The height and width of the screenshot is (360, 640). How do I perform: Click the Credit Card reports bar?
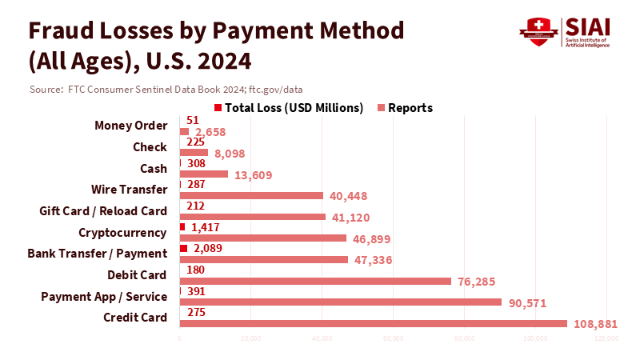[x=374, y=323]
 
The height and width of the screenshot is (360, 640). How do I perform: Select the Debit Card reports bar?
[x=316, y=281]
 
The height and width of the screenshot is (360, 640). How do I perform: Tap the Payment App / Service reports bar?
[x=341, y=302]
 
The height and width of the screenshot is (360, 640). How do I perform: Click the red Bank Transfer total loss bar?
[x=184, y=249]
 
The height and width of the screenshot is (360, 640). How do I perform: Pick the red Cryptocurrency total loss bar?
[x=182, y=227]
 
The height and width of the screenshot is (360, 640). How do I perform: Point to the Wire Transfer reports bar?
[x=251, y=195]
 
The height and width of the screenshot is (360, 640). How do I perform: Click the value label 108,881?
[x=598, y=324]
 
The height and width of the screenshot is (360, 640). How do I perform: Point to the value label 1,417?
[x=206, y=227]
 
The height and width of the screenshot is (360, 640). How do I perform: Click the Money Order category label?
[x=130, y=126]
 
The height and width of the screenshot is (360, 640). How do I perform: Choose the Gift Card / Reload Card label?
[x=103, y=211]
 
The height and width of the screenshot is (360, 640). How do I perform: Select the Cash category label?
[x=154, y=169]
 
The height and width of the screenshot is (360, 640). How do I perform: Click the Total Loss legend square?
[x=218, y=108]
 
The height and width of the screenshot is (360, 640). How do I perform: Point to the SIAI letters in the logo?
[x=590, y=26]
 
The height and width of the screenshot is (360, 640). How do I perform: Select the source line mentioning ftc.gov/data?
[x=166, y=89]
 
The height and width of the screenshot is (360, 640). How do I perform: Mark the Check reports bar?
[x=194, y=153]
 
